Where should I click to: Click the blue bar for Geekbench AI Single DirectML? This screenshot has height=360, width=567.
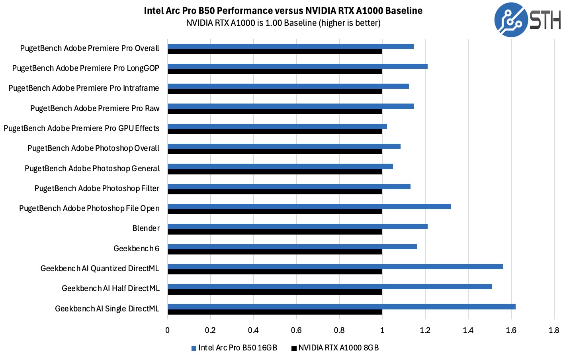tap(342, 307)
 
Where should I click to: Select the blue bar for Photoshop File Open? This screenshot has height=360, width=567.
tap(309, 206)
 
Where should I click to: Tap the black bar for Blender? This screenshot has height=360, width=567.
tap(275, 232)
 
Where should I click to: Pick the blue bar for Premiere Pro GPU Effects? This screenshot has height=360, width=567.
tap(277, 126)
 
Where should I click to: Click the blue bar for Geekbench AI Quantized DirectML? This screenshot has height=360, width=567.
tap(335, 266)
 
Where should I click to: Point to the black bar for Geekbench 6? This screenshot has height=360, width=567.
tap(275, 252)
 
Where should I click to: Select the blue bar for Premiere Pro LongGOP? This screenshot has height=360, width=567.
tap(297, 66)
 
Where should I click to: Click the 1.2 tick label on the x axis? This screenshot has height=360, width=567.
tap(425, 330)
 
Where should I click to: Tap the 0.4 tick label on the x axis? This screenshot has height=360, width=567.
tap(253, 330)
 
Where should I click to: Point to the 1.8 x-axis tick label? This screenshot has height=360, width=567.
tap(554, 330)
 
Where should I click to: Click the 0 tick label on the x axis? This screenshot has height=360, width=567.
tap(168, 330)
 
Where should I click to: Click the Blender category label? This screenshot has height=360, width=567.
tap(146, 228)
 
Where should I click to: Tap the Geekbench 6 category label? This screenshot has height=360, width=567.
tap(136, 248)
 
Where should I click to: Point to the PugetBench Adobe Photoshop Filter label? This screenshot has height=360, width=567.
tap(97, 188)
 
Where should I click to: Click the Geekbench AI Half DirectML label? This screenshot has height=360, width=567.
tap(111, 288)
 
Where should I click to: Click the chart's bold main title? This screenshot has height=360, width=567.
tap(283, 11)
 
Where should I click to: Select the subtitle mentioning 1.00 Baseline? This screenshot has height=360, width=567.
tap(283, 23)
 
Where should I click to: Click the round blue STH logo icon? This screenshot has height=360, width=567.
tap(511, 20)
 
